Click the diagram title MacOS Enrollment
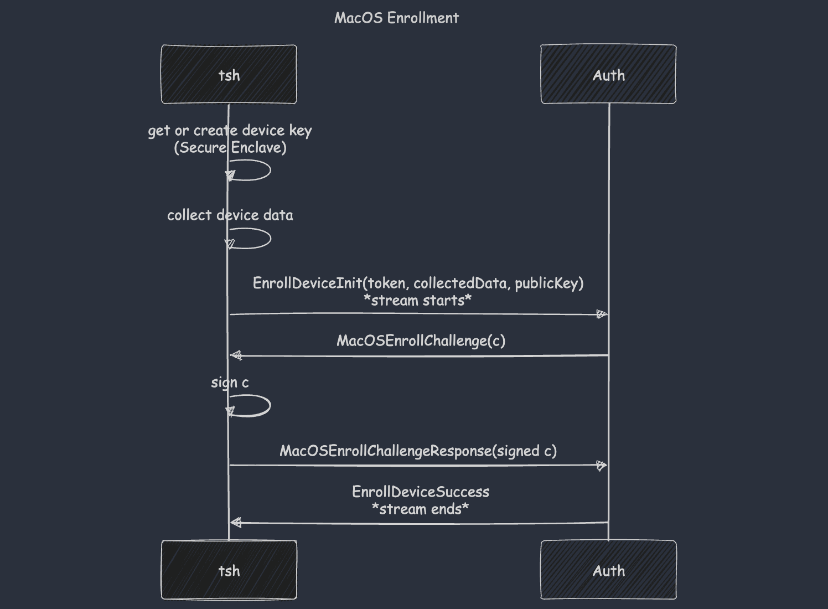click(x=396, y=18)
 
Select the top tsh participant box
click(x=229, y=74)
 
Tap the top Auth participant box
click(x=608, y=74)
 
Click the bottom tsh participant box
click(x=229, y=570)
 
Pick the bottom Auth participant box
click(x=608, y=570)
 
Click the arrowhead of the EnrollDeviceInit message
click(x=602, y=314)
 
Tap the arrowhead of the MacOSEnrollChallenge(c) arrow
click(x=236, y=355)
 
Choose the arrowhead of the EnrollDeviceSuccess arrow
click(x=236, y=523)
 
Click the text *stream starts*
click(x=418, y=301)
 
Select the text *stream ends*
click(x=420, y=509)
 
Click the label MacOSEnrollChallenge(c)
click(x=421, y=340)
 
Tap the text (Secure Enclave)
click(x=230, y=148)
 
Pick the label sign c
click(x=230, y=383)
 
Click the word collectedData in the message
click(x=460, y=283)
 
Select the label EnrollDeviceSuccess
click(x=421, y=492)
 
